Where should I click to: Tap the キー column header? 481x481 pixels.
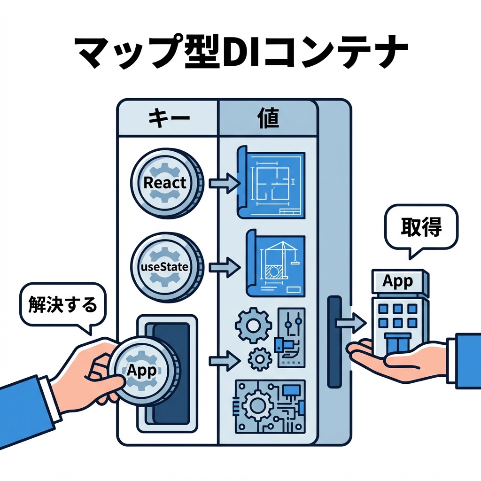[168, 118]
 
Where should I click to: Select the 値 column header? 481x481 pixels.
[268, 118]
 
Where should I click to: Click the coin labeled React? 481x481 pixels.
[165, 183]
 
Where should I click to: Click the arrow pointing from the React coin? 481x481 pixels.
[224, 183]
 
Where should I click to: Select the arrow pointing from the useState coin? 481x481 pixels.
[224, 267]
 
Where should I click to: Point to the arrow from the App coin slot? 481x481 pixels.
[224, 360]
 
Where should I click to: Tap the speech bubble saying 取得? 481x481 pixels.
[421, 228]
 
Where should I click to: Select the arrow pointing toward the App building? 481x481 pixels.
[350, 322]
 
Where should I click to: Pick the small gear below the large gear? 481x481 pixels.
[258, 359]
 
